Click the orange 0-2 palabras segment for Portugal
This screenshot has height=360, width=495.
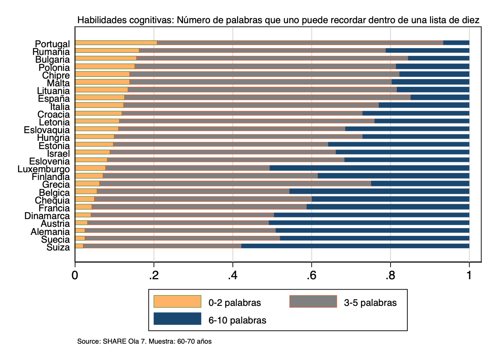[x=116, y=43]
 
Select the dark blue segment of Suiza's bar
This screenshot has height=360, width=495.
[x=355, y=246]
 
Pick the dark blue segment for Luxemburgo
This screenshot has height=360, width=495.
[x=369, y=168]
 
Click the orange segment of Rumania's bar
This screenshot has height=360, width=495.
[x=107, y=50]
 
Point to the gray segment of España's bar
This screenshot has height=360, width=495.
[x=267, y=97]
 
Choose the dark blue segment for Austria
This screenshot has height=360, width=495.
[x=369, y=223]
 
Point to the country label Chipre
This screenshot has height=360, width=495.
[x=56, y=75]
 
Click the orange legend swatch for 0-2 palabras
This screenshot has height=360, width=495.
[x=177, y=302]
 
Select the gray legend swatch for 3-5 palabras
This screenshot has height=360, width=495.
[x=313, y=302]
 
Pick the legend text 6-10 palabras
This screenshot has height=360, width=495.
[x=237, y=320]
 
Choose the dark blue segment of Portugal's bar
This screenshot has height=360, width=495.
[x=456, y=43]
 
